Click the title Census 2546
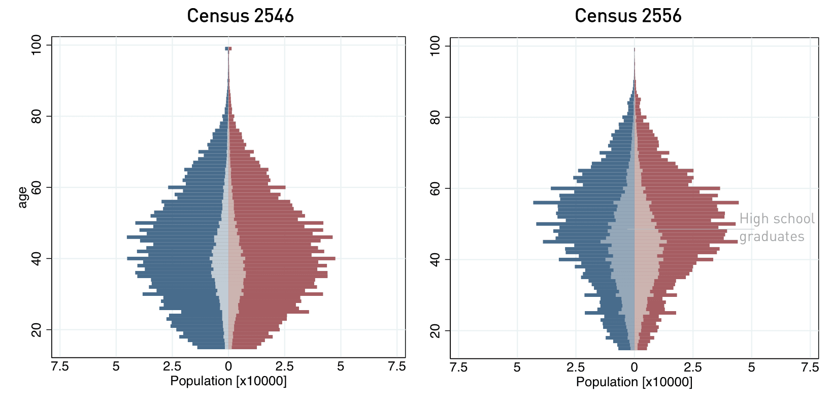coord(240,15)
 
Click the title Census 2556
coord(628,16)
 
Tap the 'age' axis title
coord(22,197)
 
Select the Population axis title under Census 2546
coord(228,381)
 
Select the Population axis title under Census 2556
coord(634,382)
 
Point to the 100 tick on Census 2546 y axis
coord(37,45)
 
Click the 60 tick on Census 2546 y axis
coord(37,187)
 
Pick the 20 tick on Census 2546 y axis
coord(37,330)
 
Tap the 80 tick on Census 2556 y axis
coord(435,117)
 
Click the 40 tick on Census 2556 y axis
coord(435,259)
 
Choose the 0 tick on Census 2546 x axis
coord(228,366)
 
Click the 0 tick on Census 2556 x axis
coord(634,367)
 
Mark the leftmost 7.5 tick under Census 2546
coord(60,366)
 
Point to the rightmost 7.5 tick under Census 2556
coord(810,367)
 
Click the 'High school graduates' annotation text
coord(776,227)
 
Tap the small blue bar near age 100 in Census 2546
coord(226,49)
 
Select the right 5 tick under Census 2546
coord(341,366)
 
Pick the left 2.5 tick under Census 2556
coord(576,367)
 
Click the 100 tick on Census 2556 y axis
coord(435,46)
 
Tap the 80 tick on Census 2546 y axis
coord(37,116)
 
